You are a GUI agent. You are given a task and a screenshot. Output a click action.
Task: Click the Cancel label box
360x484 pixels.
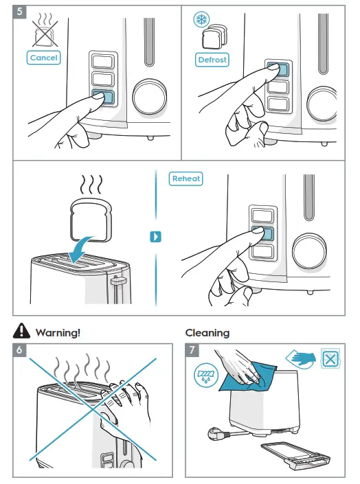pos(43,58)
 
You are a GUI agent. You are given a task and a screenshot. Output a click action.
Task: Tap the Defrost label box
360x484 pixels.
pos(212,60)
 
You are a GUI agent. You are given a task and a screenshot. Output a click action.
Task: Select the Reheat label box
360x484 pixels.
pos(185,178)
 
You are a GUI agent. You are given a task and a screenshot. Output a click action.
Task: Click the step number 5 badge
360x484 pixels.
pos(19,12)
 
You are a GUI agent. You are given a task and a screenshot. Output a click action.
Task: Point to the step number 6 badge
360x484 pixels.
pos(19,349)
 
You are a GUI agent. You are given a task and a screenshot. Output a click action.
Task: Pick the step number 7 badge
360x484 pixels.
pos(192,349)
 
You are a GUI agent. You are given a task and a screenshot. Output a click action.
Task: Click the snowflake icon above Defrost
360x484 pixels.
pos(201,19)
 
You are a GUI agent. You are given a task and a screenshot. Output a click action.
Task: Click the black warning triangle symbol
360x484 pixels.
pos(21,331)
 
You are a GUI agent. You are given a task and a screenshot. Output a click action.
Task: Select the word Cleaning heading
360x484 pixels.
pos(207,333)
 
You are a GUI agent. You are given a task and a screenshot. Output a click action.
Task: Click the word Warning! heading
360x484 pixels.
pos(58,333)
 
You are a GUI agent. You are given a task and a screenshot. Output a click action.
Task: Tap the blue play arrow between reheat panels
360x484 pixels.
pos(155,237)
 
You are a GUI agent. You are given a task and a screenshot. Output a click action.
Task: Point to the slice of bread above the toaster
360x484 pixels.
pos(91,220)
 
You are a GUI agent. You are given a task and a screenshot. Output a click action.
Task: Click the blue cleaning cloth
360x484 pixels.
pos(247,378)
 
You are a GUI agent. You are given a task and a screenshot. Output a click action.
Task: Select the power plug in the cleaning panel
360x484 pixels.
pos(218,433)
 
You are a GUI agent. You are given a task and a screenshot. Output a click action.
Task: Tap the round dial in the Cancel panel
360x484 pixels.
pos(150,96)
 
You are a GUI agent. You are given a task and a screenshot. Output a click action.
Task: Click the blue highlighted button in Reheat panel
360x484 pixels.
pos(262,233)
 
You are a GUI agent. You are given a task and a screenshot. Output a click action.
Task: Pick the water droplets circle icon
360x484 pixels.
pos(206,376)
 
